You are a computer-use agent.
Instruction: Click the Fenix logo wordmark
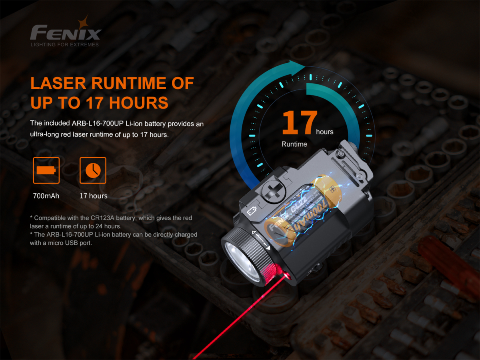point(66,32)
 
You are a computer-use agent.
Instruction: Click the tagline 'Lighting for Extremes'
point(64,44)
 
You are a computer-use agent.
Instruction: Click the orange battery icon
point(46,170)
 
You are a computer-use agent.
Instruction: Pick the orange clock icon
point(93,170)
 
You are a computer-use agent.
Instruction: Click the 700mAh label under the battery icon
point(46,196)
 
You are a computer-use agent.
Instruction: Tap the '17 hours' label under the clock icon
point(93,196)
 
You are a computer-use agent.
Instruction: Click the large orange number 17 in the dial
point(299,123)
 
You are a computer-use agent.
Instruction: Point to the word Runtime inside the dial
point(294,144)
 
